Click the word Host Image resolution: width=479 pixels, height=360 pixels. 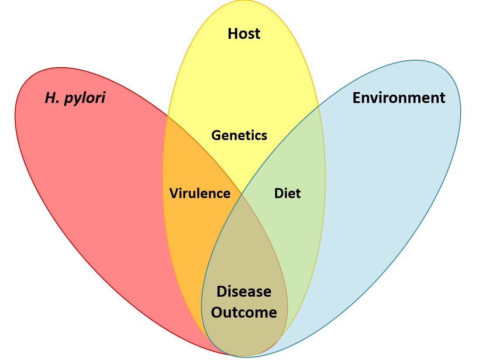pos(244,34)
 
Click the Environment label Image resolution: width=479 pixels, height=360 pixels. pos(399,98)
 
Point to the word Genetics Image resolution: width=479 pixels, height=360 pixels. pos(239,135)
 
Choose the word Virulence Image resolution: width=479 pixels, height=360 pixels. pos(200,193)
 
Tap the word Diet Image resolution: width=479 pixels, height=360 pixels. pos(287,193)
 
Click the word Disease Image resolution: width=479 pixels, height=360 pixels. pos(244,291)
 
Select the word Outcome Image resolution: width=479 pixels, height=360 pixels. pos(244,313)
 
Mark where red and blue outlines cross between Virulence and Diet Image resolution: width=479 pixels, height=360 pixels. pos(242,194)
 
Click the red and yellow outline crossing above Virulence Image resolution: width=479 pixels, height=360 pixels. pos(167,117)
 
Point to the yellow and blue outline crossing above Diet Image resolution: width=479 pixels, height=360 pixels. pos(319,106)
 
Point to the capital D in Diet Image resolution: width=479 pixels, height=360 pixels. pos(279,193)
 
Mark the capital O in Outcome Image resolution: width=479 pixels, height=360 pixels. pos(217,313)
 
